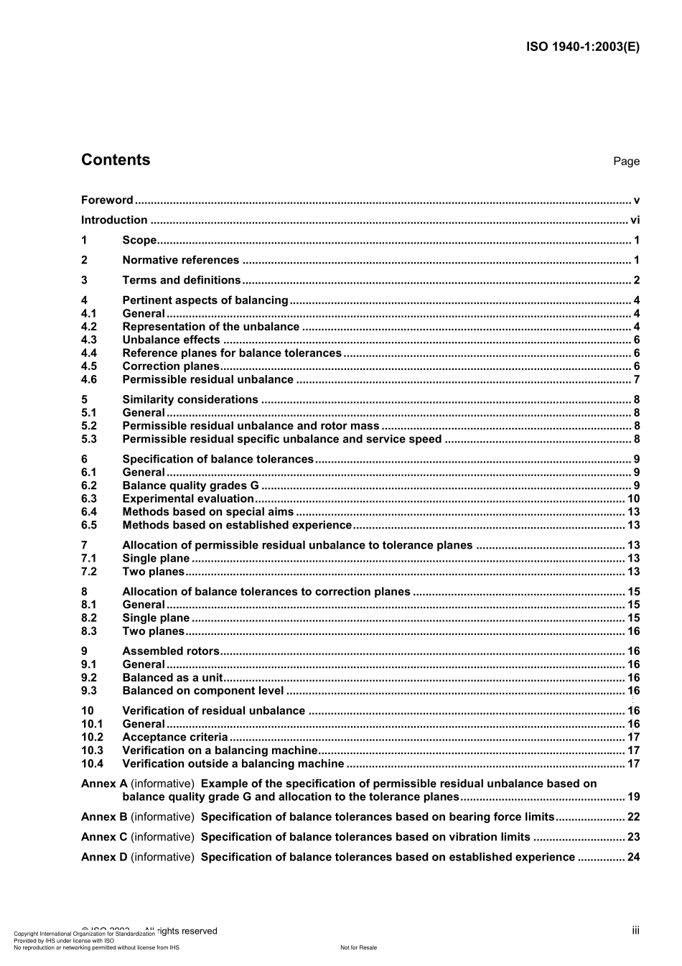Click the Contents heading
click(116, 160)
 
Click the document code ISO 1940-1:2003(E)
click(582, 47)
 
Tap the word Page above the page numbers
click(626, 162)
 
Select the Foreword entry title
click(107, 200)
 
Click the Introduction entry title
click(114, 220)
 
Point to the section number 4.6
click(89, 380)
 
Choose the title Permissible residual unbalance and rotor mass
click(251, 426)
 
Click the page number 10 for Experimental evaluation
click(633, 499)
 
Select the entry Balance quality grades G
click(190, 486)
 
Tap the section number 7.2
click(89, 572)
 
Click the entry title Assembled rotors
click(171, 651)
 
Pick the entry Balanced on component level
click(203, 691)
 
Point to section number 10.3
click(92, 751)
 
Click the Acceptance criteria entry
click(175, 738)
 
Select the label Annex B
click(104, 817)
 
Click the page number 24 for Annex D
click(633, 858)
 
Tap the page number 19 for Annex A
click(633, 797)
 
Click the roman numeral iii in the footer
click(635, 931)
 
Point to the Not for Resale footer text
click(358, 948)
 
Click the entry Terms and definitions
click(182, 281)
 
